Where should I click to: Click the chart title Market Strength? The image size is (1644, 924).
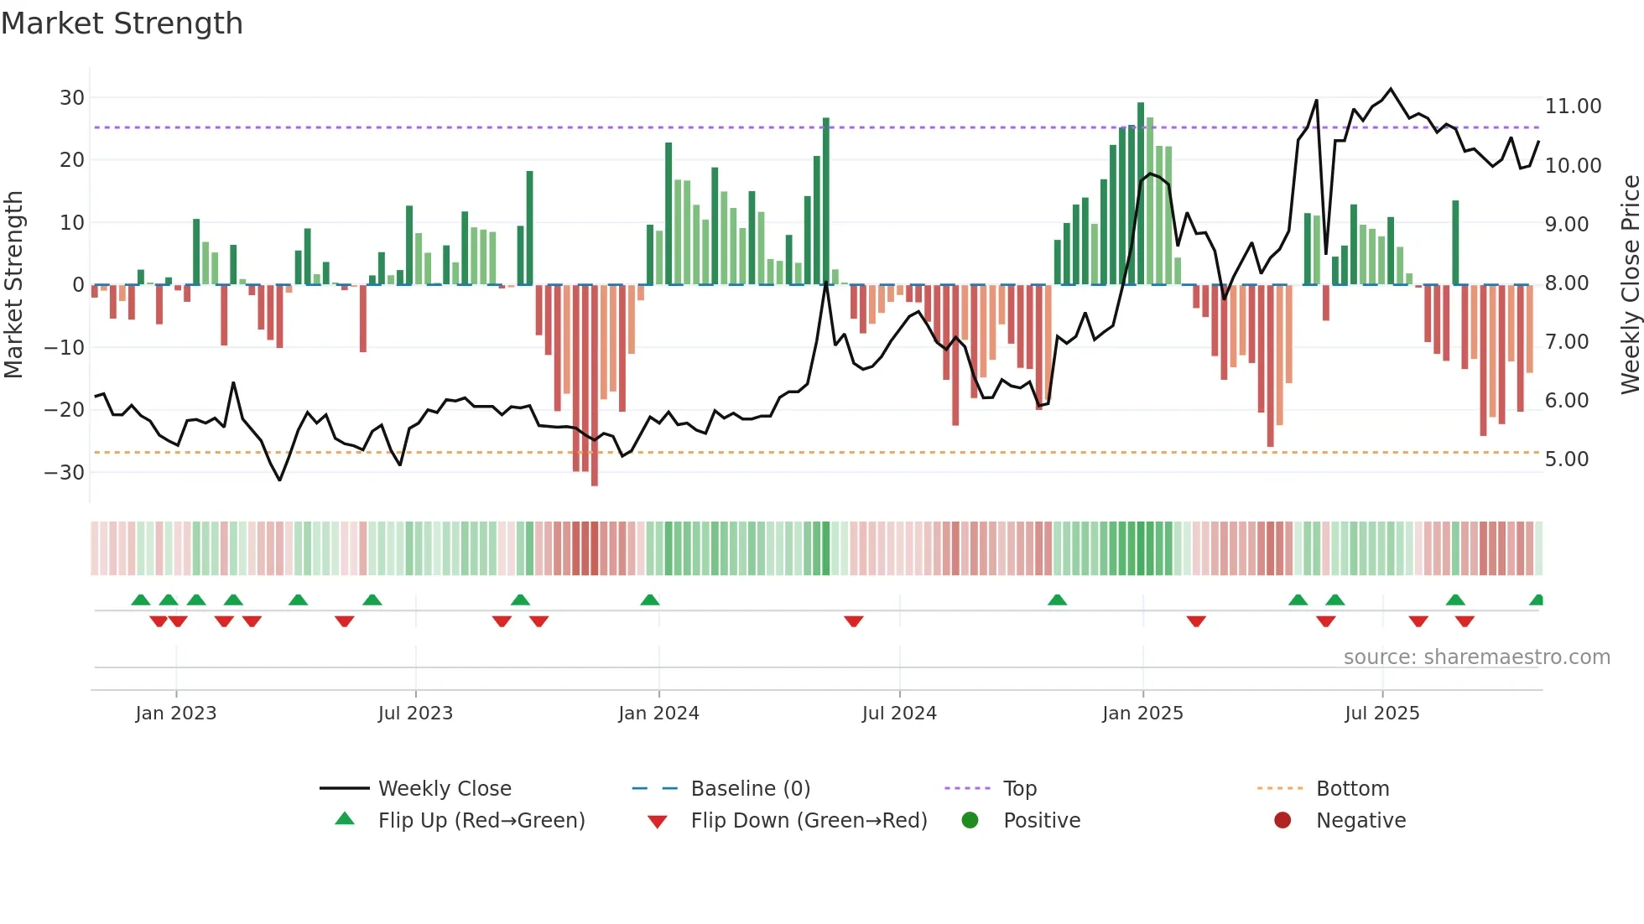(122, 23)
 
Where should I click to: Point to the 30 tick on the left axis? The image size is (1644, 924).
(72, 98)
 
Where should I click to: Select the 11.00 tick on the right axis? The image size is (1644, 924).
(1573, 106)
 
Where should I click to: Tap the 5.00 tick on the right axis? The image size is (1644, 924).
(1566, 459)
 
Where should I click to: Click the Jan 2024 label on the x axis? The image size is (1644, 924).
(658, 714)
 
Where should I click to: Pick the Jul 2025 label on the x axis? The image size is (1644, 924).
(1381, 714)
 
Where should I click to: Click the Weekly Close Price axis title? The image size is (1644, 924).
(1630, 284)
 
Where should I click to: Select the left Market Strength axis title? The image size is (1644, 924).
(13, 284)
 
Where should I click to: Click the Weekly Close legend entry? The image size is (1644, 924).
(444, 789)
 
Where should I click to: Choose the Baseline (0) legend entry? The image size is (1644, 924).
(750, 789)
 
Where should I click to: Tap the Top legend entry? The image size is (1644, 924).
(1019, 789)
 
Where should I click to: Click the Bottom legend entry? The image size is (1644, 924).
(1352, 789)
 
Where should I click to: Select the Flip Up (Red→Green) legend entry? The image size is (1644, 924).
(481, 821)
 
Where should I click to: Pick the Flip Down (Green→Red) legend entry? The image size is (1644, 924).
(809, 821)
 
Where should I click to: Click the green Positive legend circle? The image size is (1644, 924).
(970, 821)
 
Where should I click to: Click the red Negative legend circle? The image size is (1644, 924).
(1282, 821)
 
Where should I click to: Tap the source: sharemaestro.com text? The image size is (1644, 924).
(1476, 657)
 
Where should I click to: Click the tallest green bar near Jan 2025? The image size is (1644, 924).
(1141, 193)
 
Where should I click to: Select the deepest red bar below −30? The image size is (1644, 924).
(595, 386)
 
